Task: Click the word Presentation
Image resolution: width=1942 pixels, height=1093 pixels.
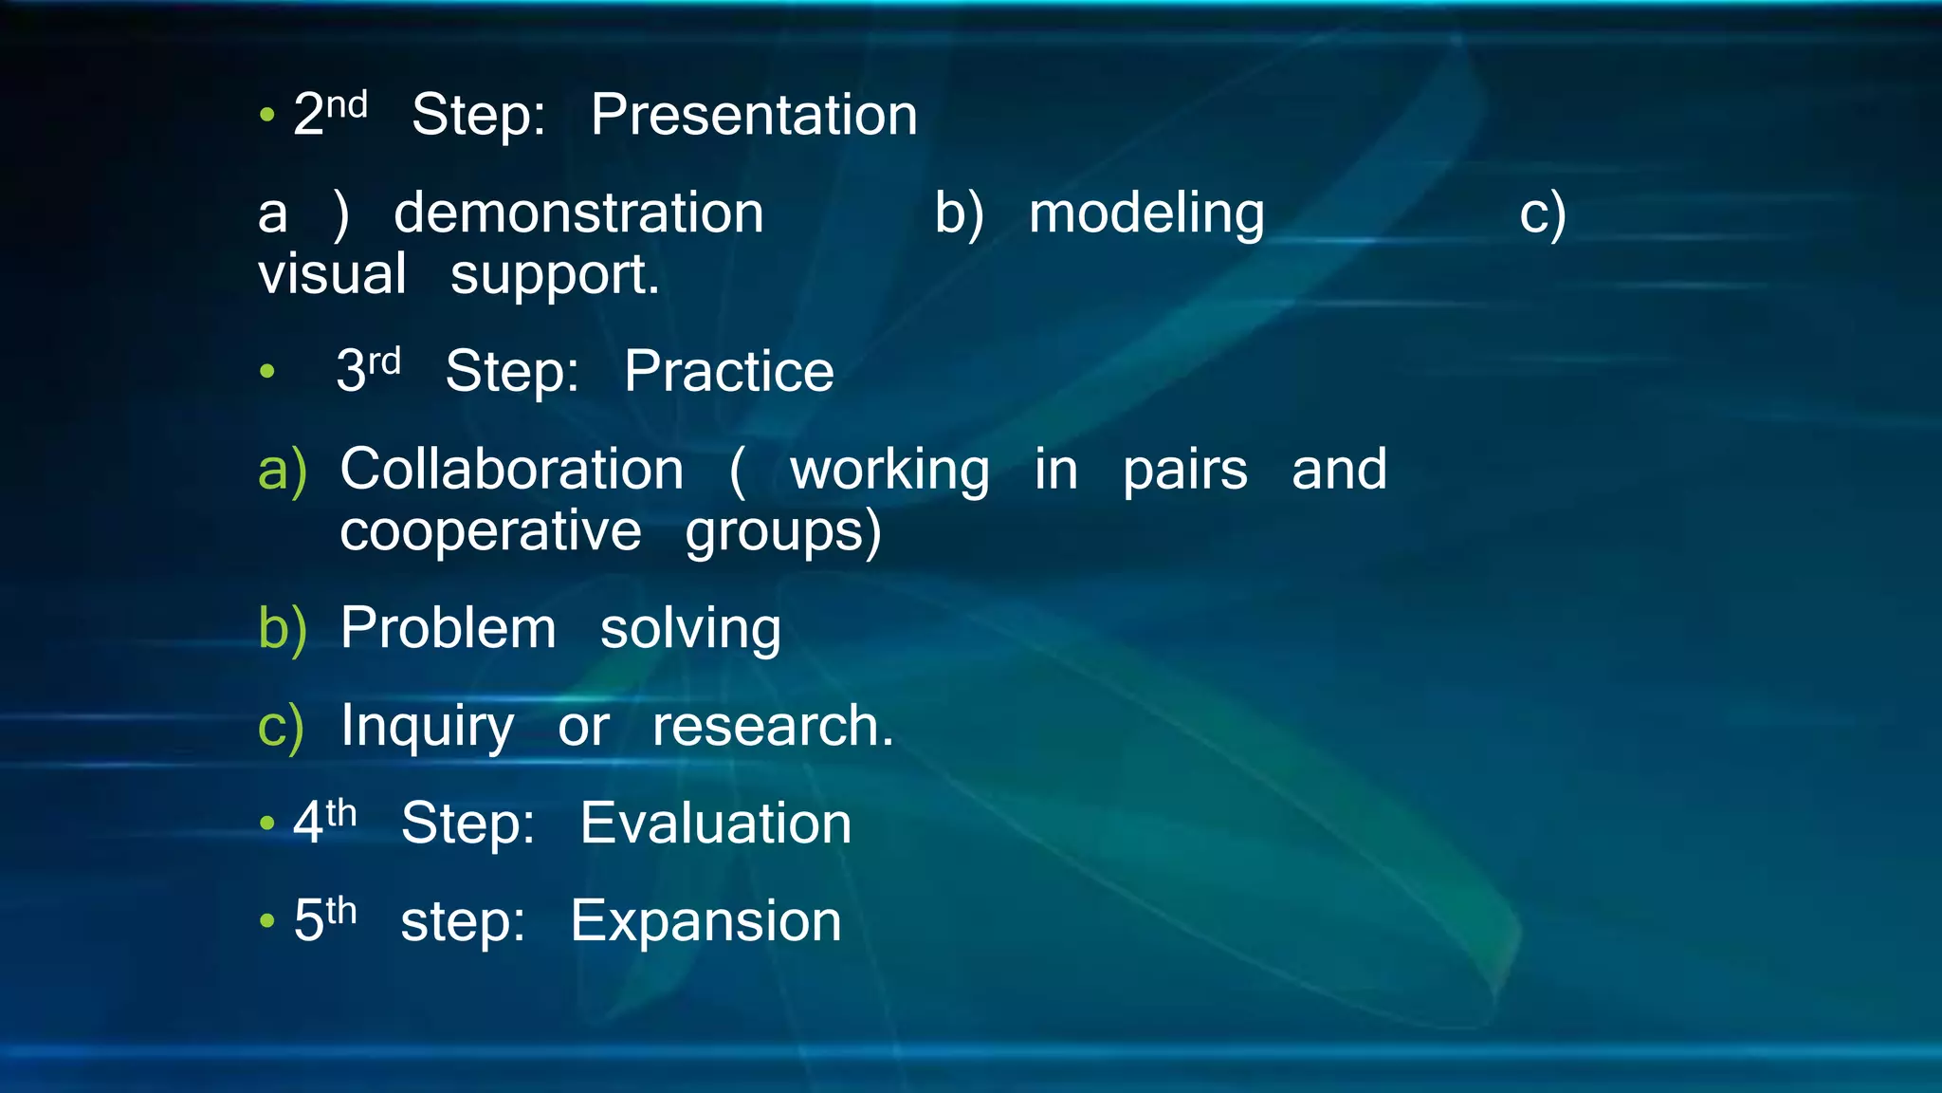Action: pyautogui.click(x=754, y=116)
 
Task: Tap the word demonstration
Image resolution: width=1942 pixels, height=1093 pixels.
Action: pyautogui.click(x=578, y=213)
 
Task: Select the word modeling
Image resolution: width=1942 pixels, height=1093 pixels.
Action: pyautogui.click(x=1146, y=214)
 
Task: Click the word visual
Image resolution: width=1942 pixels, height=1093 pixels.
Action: pyautogui.click(x=332, y=274)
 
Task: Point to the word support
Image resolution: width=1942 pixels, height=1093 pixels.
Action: pyautogui.click(x=554, y=276)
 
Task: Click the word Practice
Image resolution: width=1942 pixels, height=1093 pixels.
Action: pyautogui.click(x=728, y=371)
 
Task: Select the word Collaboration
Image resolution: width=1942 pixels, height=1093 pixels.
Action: pyautogui.click(x=511, y=470)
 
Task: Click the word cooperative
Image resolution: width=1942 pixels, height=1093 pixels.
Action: pyautogui.click(x=490, y=531)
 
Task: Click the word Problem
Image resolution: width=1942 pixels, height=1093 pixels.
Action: pyautogui.click(x=448, y=628)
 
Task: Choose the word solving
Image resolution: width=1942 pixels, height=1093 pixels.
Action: pyautogui.click(x=690, y=630)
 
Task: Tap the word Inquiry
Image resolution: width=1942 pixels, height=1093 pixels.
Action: pyautogui.click(x=427, y=728)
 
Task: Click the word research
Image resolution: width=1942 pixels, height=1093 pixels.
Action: pyautogui.click(x=772, y=727)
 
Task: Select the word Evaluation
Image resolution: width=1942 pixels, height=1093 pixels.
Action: pyautogui.click(x=715, y=823)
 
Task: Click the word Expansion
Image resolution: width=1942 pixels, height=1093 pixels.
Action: pyautogui.click(x=705, y=922)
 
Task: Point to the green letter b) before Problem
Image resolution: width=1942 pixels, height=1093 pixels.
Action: pyautogui.click(x=282, y=629)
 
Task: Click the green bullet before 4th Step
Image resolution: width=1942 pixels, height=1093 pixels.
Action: pyautogui.click(x=267, y=824)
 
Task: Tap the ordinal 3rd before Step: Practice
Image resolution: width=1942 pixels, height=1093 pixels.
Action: pyautogui.click(x=368, y=370)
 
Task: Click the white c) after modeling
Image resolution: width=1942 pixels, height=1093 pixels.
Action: pyautogui.click(x=1542, y=214)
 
